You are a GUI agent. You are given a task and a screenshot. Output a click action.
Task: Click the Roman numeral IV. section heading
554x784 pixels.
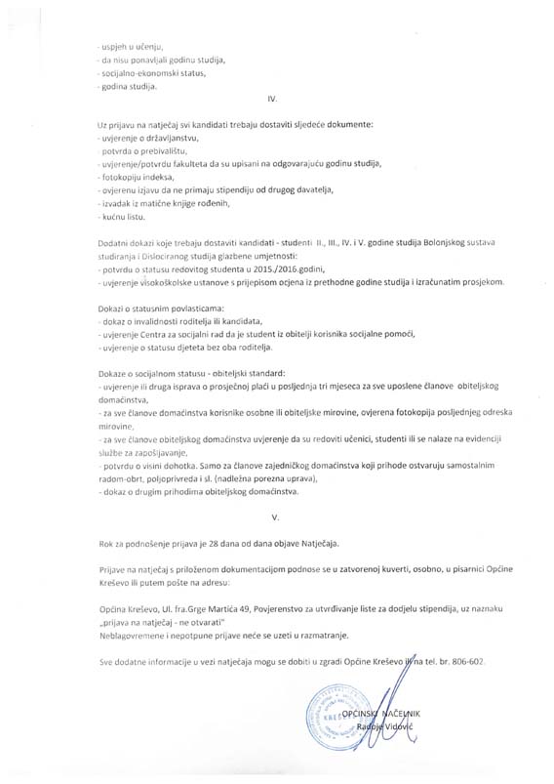point(272,100)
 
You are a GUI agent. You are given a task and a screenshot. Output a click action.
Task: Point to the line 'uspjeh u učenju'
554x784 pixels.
point(133,47)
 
